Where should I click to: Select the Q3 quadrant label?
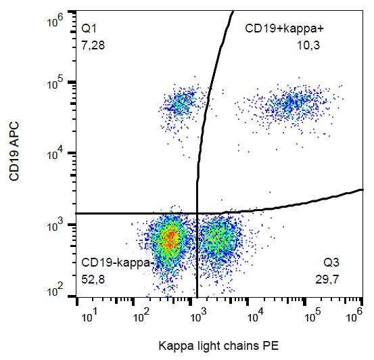click(331, 262)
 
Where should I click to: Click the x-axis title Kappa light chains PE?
click(218, 344)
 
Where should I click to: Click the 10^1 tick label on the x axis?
click(89, 316)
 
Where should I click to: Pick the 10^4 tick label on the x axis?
click(256, 316)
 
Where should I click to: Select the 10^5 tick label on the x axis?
click(312, 316)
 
